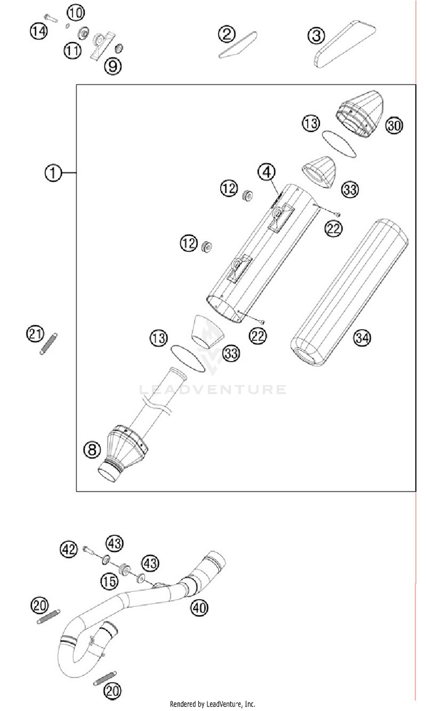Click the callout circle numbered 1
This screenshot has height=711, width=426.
click(x=53, y=173)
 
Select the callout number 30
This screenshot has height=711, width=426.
click(x=394, y=125)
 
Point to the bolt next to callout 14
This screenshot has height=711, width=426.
click(x=51, y=18)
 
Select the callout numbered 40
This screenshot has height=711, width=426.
click(x=199, y=607)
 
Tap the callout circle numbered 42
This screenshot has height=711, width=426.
click(x=69, y=549)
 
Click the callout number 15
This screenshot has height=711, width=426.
click(x=109, y=581)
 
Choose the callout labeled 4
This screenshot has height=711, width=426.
click(x=266, y=172)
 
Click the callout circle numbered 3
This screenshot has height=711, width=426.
click(x=316, y=36)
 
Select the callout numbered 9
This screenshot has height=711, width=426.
click(x=113, y=66)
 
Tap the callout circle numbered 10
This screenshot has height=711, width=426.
click(x=76, y=12)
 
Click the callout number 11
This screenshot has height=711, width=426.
click(x=72, y=51)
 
